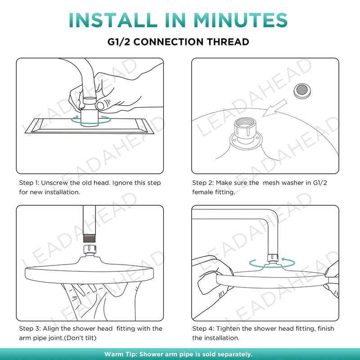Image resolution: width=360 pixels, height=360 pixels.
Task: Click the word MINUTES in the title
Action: (x=241, y=20)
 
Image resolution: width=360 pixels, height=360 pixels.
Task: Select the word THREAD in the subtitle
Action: (x=228, y=42)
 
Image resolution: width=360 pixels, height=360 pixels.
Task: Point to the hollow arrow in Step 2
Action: (x=274, y=108)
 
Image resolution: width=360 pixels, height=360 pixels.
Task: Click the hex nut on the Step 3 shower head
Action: (x=89, y=250)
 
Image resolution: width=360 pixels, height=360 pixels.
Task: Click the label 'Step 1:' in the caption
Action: (x=29, y=183)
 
